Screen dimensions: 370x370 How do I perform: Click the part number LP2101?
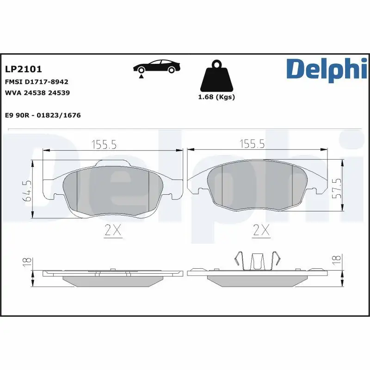pos(24,69)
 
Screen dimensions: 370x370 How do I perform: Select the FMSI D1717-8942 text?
pos(36,81)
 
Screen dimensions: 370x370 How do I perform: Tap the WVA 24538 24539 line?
pos(37,92)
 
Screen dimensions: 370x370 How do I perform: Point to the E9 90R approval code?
pos(43,115)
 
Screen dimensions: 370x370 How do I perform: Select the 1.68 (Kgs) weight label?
pos(216,97)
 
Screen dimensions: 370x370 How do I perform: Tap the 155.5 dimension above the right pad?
pos(252,145)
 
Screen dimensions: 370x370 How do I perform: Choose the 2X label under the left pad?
pos(113,229)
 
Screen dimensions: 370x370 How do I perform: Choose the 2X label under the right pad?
pos(262,229)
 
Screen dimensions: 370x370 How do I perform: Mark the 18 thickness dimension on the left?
pos(26,262)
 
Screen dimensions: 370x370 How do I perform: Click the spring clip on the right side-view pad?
pos(257,261)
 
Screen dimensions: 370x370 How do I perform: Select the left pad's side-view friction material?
pos(113,281)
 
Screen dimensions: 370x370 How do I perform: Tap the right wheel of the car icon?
pos(172,70)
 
